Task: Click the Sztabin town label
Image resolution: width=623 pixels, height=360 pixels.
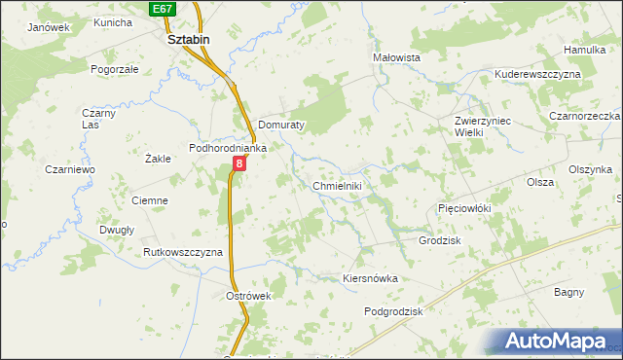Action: click(189, 40)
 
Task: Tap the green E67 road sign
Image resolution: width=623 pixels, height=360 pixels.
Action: click(163, 8)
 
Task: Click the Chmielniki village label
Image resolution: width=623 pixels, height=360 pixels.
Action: click(338, 186)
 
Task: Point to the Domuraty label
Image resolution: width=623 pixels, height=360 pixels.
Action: click(283, 126)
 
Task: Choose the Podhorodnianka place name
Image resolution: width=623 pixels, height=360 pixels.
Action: click(228, 148)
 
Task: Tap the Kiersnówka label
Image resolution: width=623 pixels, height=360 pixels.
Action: click(371, 278)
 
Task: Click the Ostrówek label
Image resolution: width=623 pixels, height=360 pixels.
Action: click(247, 296)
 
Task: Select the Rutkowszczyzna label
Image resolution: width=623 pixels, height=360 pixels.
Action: click(183, 252)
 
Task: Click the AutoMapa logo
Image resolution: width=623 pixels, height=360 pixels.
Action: click(560, 342)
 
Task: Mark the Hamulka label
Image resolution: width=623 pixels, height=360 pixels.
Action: click(584, 50)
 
